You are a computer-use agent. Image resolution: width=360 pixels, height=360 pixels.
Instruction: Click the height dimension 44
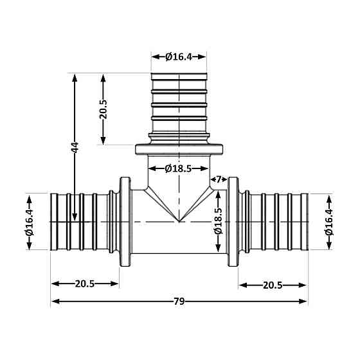(75, 147)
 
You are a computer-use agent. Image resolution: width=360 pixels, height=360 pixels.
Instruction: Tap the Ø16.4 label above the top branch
(179, 57)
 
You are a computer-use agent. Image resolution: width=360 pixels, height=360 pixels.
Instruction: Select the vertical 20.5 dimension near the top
(103, 109)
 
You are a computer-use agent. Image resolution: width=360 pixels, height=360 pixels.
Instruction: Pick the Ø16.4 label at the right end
(330, 221)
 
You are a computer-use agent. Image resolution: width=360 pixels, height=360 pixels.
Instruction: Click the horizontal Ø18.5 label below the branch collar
(179, 168)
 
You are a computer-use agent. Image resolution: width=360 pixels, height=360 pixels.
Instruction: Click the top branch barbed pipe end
(179, 103)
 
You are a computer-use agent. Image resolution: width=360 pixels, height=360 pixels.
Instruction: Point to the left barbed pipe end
(80, 221)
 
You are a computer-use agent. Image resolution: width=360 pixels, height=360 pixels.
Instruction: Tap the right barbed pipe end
(276, 221)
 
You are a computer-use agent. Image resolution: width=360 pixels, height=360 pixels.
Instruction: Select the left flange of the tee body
(122, 221)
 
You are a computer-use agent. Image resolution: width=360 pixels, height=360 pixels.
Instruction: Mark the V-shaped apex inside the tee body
(179, 221)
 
